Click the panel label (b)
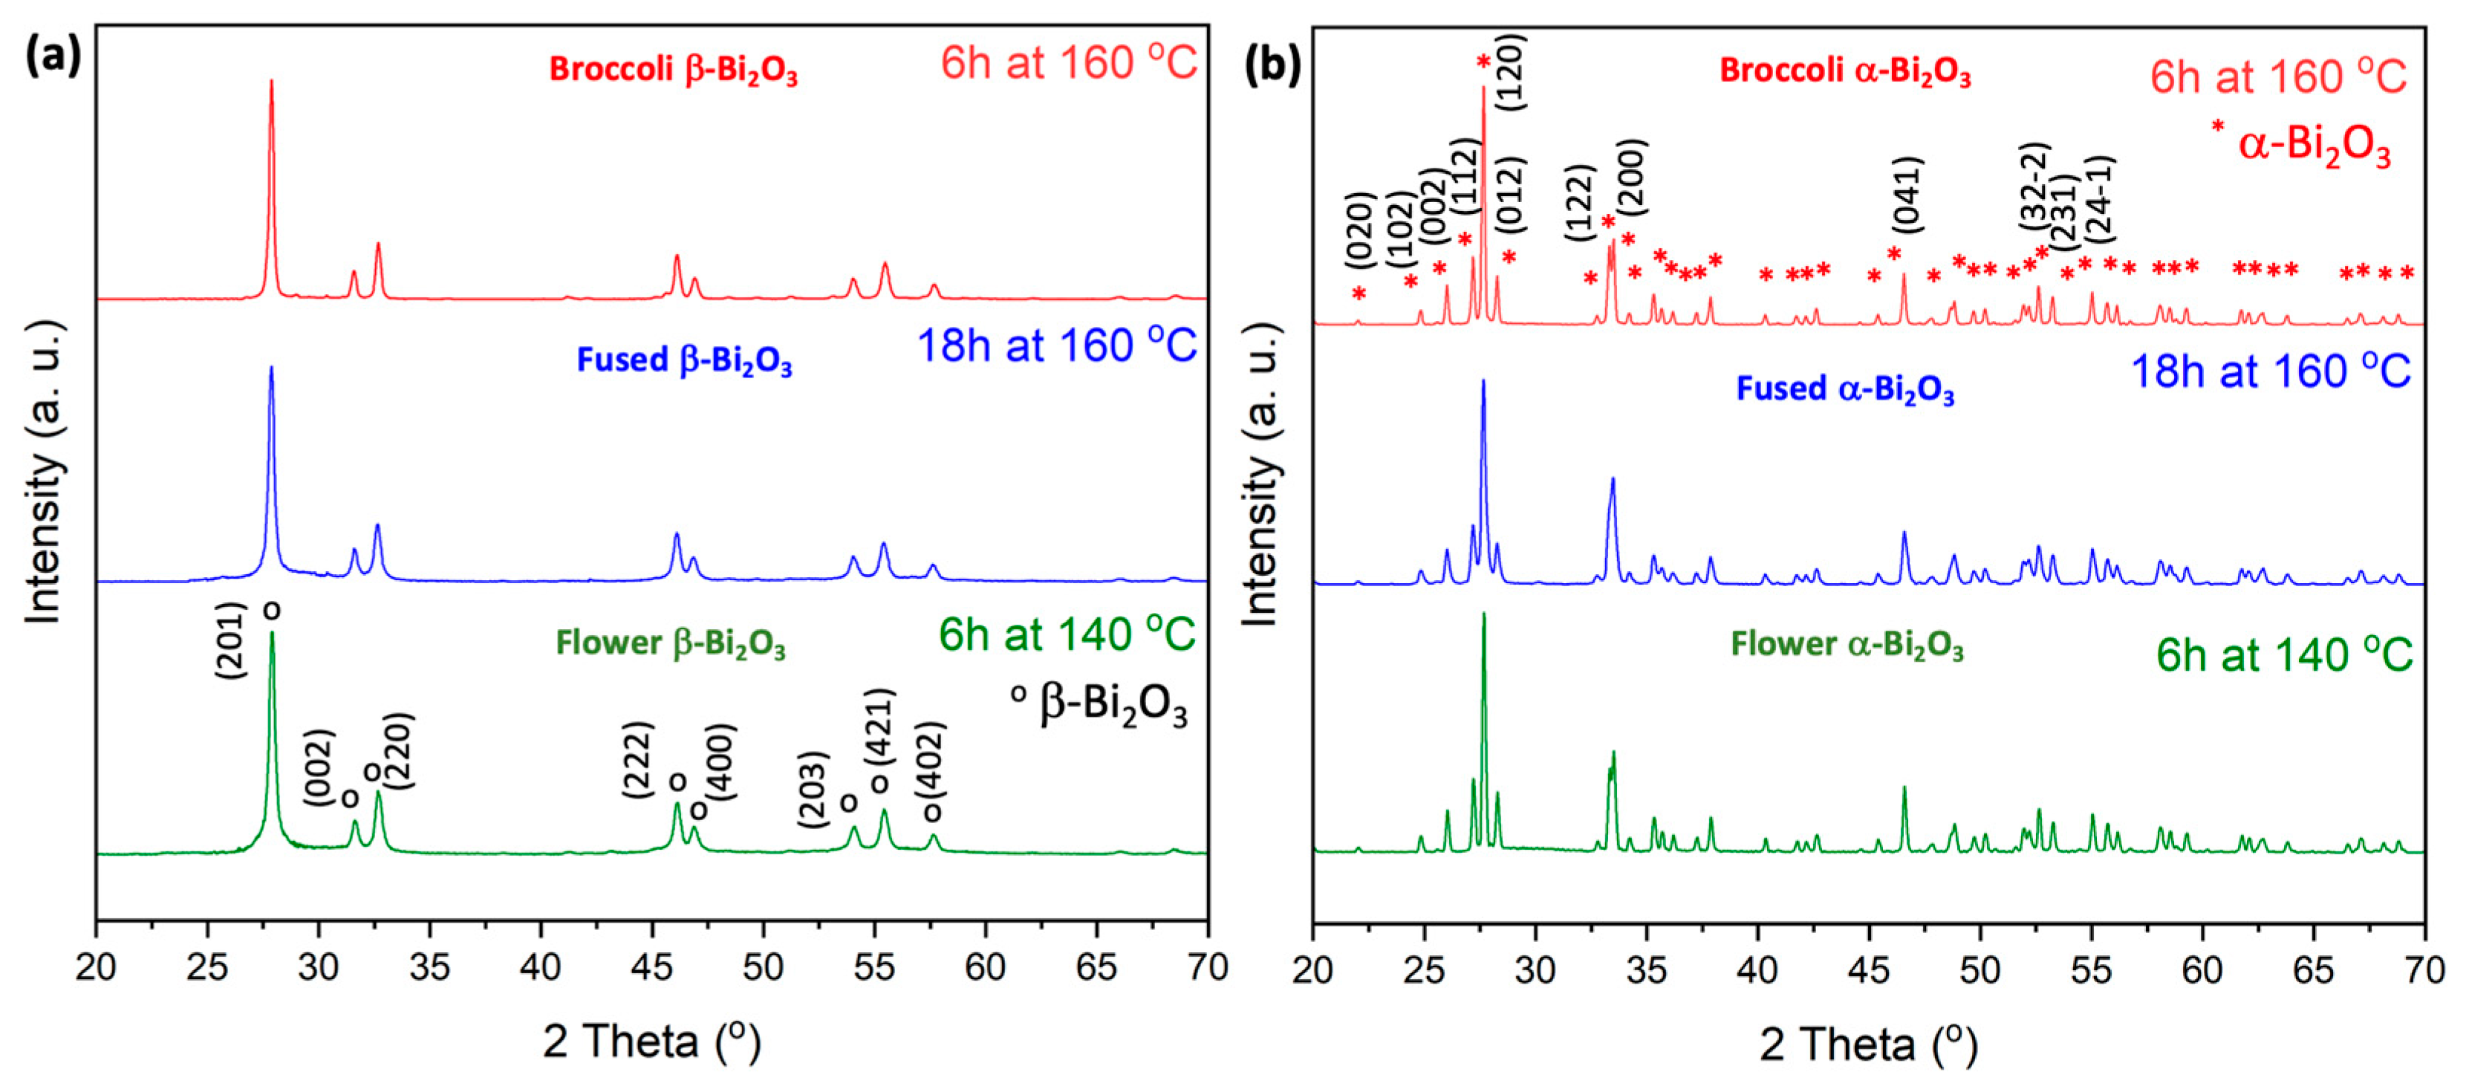(1272, 64)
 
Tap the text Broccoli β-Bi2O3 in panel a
(673, 70)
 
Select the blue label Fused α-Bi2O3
(1844, 389)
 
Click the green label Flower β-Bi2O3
(670, 643)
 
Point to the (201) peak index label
(231, 640)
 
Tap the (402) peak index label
(931, 760)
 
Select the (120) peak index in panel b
(1511, 72)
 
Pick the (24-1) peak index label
(2099, 198)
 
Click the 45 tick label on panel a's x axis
(651, 967)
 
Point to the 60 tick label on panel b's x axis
(2202, 970)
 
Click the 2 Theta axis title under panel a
(651, 1042)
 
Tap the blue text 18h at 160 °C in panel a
(1056, 346)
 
